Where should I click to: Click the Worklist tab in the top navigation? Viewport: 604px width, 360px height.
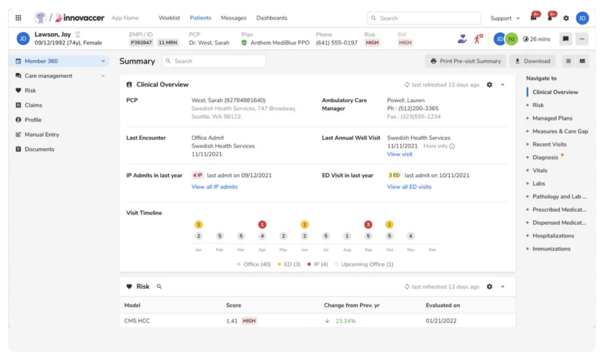tap(169, 18)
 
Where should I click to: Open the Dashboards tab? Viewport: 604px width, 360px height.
tap(271, 18)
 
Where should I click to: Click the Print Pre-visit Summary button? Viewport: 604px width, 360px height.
tap(465, 61)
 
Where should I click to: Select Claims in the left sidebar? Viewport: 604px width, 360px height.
tap(33, 105)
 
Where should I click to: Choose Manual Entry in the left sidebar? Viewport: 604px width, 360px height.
tap(41, 135)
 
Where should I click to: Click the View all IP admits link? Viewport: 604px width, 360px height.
tap(214, 186)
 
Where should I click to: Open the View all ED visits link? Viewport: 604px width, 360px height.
tap(409, 186)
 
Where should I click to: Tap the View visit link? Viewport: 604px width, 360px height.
tap(399, 154)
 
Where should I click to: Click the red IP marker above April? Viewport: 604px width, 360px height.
tap(262, 224)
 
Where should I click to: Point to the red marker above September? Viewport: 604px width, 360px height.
tap(368, 224)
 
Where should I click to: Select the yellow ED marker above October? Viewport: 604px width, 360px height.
tap(389, 224)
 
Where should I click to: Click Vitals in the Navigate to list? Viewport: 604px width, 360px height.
tap(540, 171)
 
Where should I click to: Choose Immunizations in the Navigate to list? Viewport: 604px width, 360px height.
tap(551, 248)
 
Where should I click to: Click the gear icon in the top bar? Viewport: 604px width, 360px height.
tap(566, 18)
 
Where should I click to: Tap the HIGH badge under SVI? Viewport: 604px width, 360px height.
tap(405, 42)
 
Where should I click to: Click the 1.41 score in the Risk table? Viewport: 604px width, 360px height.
tap(232, 321)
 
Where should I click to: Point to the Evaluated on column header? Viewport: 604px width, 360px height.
tap(442, 305)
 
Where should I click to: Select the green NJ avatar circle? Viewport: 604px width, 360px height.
tap(511, 39)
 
